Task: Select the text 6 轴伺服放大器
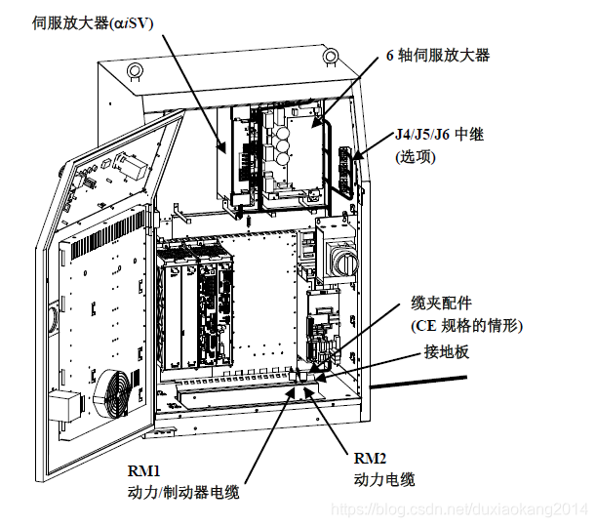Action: tap(436, 56)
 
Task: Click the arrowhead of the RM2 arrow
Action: tap(310, 389)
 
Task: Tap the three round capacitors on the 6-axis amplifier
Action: tap(284, 142)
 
